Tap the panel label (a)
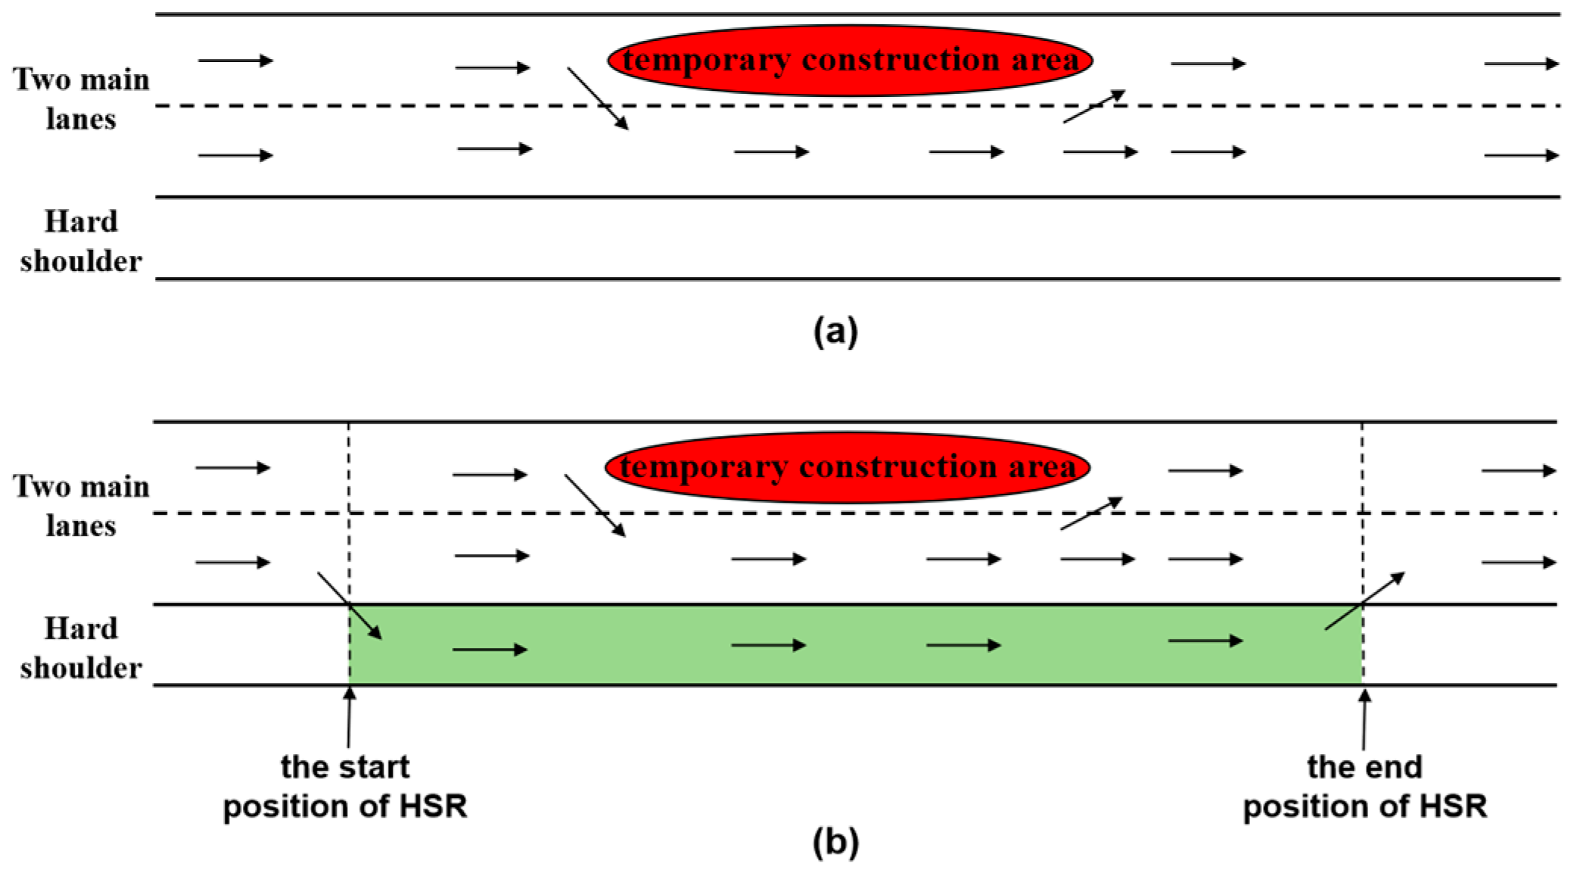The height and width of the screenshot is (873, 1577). [835, 332]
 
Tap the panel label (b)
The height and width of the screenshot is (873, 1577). [835, 842]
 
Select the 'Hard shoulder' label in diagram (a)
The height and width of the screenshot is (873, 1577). [81, 241]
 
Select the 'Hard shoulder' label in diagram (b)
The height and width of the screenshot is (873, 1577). [81, 648]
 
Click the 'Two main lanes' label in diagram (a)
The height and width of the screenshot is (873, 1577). [81, 98]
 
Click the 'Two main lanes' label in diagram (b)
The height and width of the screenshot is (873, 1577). [81, 506]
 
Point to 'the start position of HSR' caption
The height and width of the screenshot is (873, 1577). [345, 786]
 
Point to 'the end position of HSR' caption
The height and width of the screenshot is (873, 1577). [1364, 786]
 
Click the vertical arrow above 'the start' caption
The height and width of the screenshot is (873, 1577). [349, 716]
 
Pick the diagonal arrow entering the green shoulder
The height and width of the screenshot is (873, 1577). [350, 606]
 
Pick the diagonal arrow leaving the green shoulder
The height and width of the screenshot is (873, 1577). [1364, 601]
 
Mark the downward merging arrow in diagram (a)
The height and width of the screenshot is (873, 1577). [597, 98]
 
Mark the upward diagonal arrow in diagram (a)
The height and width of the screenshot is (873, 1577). [1093, 106]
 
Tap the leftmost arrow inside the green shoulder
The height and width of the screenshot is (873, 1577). [490, 649]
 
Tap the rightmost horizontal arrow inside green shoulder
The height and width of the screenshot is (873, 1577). [1205, 641]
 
